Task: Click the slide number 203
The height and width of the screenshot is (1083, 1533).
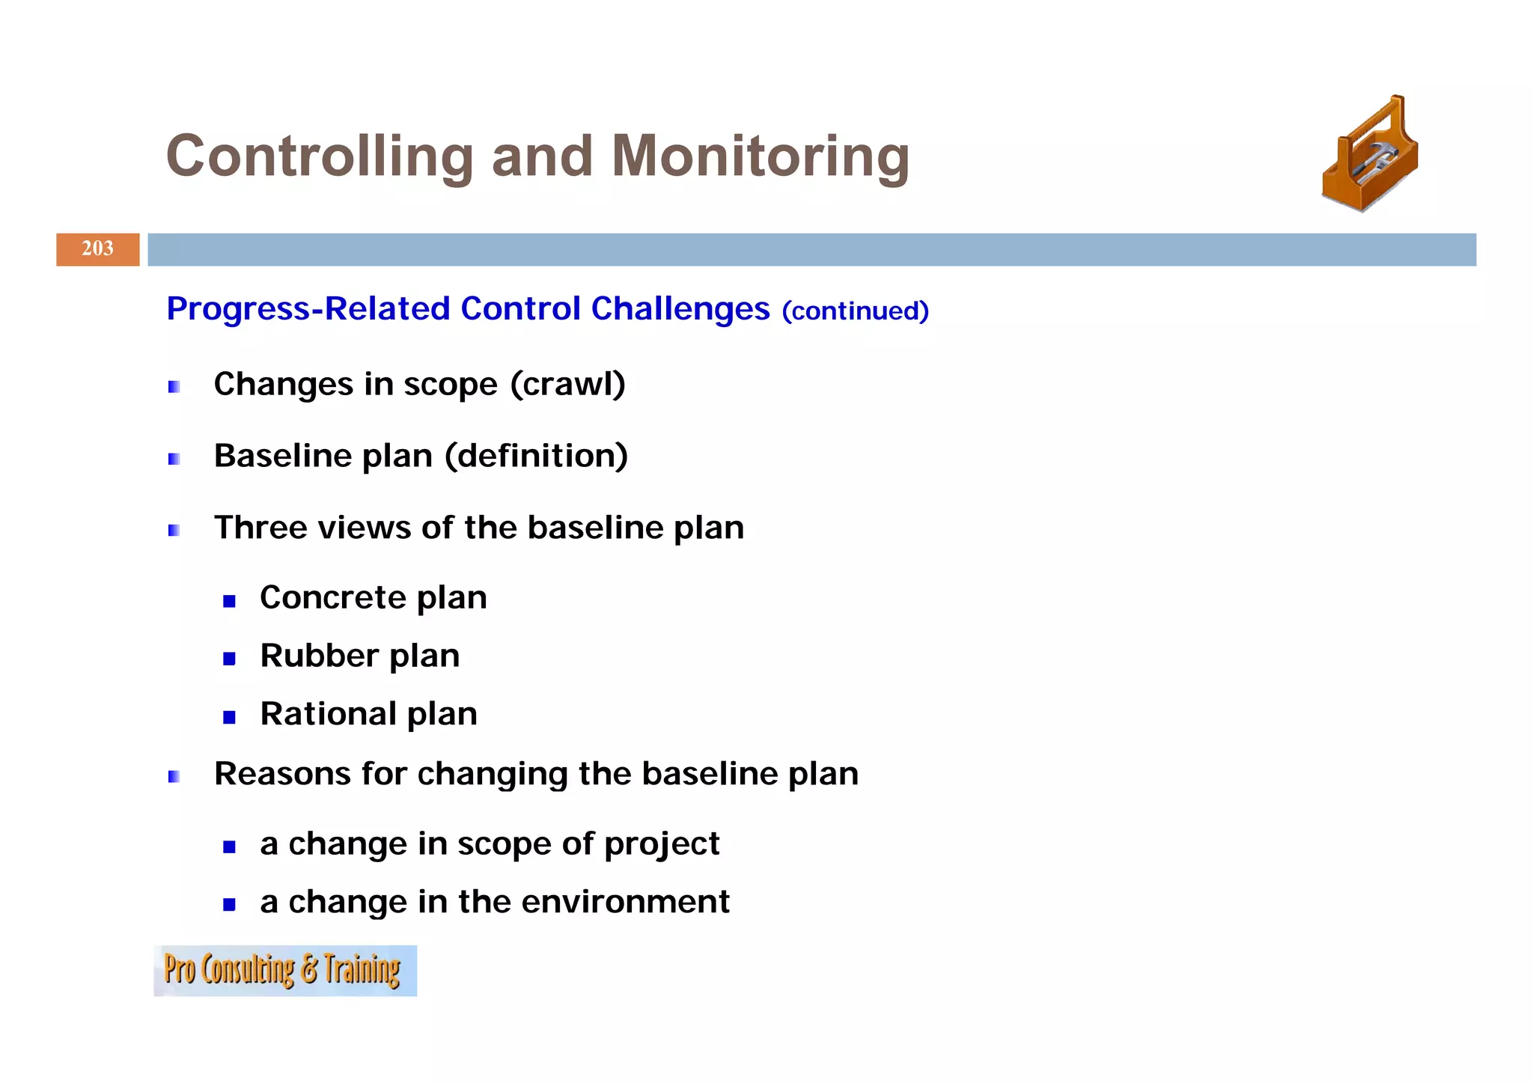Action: coord(97,248)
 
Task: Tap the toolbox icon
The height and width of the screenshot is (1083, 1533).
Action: coord(1371,154)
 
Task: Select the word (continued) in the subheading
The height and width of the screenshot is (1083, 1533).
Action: coord(855,311)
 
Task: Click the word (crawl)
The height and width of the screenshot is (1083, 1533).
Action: coord(568,384)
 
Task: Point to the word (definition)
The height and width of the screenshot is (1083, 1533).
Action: coord(536,456)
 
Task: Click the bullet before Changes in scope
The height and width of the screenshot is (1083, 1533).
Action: coord(174,387)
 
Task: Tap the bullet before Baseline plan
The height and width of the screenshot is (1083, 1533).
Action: coord(174,459)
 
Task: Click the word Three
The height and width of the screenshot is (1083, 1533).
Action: coord(261,528)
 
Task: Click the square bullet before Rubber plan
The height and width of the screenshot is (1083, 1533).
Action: coord(229,659)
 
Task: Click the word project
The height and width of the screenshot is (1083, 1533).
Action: coord(661,844)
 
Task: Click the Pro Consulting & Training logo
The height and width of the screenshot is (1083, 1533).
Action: coord(284,970)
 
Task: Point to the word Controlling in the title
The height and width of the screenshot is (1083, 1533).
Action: coord(320,156)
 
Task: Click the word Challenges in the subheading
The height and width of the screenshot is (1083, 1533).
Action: coord(680,308)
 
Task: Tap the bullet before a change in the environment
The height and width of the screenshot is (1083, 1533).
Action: coord(229,905)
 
